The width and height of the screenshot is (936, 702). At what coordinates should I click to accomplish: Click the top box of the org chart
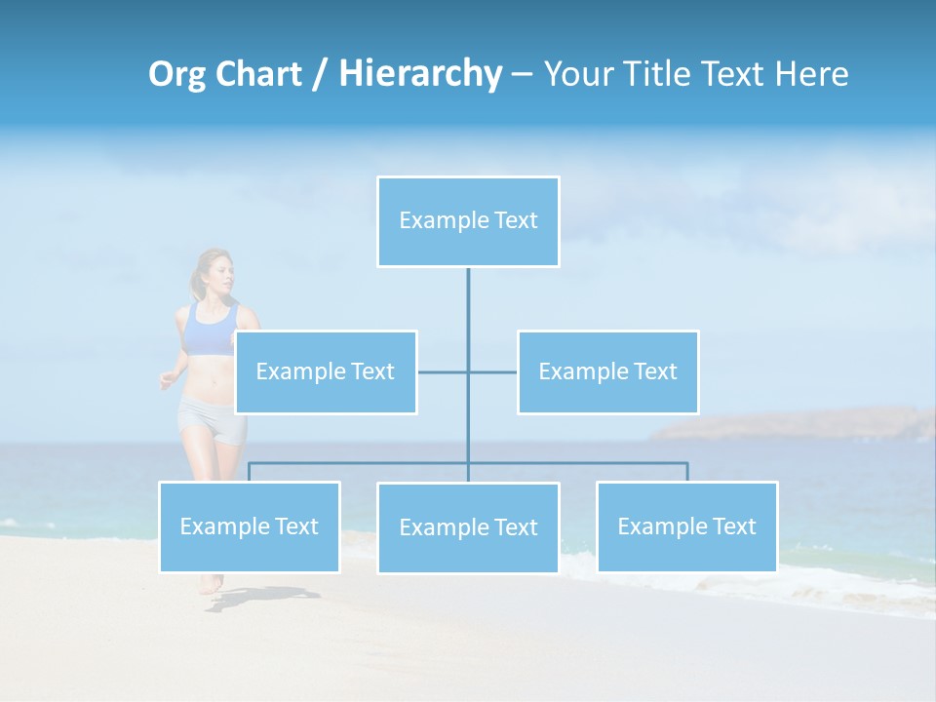coord(468,221)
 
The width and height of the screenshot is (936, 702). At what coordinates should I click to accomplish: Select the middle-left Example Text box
coord(326,371)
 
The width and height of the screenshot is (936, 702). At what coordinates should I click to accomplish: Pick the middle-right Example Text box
coord(607,371)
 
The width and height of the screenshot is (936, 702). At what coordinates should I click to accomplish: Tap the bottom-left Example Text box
coord(250,526)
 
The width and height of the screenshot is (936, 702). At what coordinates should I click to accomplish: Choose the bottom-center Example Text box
coord(468,527)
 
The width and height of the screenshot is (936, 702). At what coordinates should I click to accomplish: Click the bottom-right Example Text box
coord(686,526)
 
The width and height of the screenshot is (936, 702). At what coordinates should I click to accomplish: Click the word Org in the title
coord(176,75)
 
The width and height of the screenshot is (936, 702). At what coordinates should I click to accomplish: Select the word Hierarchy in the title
coord(419,74)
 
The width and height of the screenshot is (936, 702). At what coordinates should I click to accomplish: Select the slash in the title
coord(319,75)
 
